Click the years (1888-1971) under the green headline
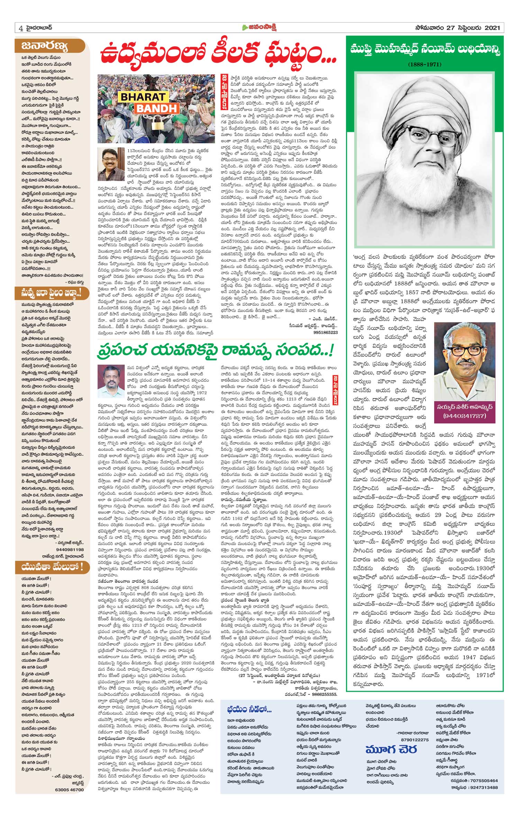pos(424,64)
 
